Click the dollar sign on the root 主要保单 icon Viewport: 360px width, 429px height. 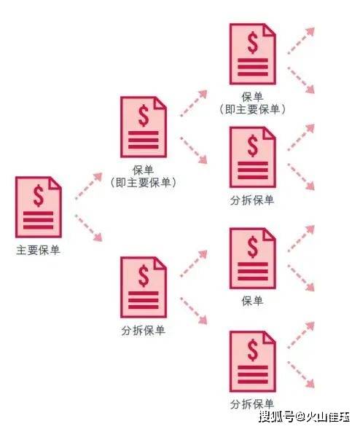[39, 195]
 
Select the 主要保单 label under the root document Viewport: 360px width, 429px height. [38, 250]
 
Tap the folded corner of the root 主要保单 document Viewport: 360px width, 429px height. [55, 183]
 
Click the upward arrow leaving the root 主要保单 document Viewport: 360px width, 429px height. [88, 186]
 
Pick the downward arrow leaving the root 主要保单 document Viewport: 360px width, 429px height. [88, 228]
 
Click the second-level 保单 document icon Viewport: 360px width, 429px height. [144, 127]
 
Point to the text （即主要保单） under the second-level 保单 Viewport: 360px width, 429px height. [143, 182]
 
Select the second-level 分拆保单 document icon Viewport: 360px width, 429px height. [144, 287]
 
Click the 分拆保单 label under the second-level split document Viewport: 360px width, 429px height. [143, 331]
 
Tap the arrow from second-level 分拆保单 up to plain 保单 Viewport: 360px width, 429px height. [194, 264]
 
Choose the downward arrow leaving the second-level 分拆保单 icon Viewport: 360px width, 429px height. [194, 311]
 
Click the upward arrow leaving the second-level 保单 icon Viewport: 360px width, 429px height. [194, 103]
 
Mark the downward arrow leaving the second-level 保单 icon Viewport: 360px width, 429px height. [194, 151]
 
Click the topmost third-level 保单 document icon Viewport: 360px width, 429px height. [252, 54]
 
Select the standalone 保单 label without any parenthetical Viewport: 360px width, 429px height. [252, 301]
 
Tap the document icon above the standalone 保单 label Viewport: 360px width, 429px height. [252, 259]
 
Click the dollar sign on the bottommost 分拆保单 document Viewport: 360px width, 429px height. [252, 350]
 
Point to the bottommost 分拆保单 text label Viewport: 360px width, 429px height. [252, 404]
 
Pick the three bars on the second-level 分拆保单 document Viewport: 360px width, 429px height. [144, 300]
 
